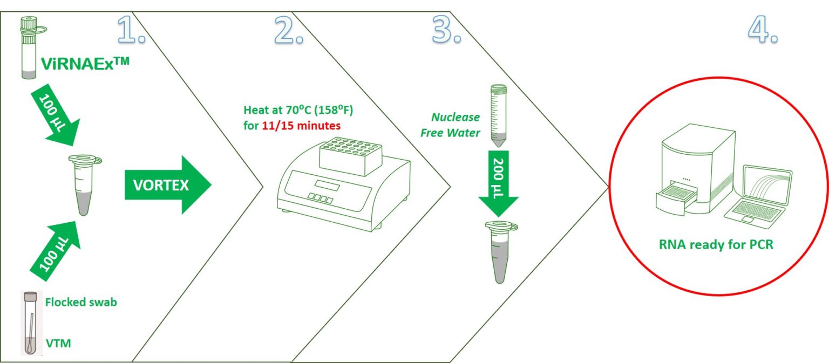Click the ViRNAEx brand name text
click(x=85, y=64)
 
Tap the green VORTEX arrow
click(x=168, y=185)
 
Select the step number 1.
click(x=131, y=30)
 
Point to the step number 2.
click(x=289, y=30)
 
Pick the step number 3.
click(x=447, y=30)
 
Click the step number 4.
click(x=763, y=30)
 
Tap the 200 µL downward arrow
click(x=499, y=183)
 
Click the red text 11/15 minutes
click(x=301, y=126)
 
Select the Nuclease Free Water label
click(x=451, y=125)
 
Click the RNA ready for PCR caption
click(x=716, y=244)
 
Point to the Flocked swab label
click(x=81, y=302)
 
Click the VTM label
click(x=58, y=344)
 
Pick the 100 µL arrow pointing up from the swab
click(x=56, y=252)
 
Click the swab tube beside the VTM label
click(x=31, y=323)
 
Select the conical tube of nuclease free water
click(x=499, y=115)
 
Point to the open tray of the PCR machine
click(x=676, y=199)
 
